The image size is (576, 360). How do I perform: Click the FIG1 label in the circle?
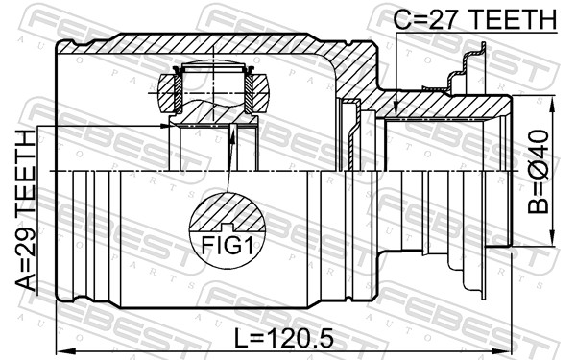pyautogui.click(x=227, y=246)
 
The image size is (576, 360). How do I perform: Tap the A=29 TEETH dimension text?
pyautogui.click(x=25, y=210)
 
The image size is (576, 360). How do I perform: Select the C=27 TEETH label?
pyautogui.click(x=474, y=19)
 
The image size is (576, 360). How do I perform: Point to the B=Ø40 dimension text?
pyautogui.click(x=538, y=172)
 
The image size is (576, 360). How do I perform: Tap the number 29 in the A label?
pyautogui.click(x=25, y=239)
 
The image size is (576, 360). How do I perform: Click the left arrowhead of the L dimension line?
pyautogui.click(x=65, y=350)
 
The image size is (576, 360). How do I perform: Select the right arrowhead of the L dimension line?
pyautogui.click(x=502, y=350)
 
